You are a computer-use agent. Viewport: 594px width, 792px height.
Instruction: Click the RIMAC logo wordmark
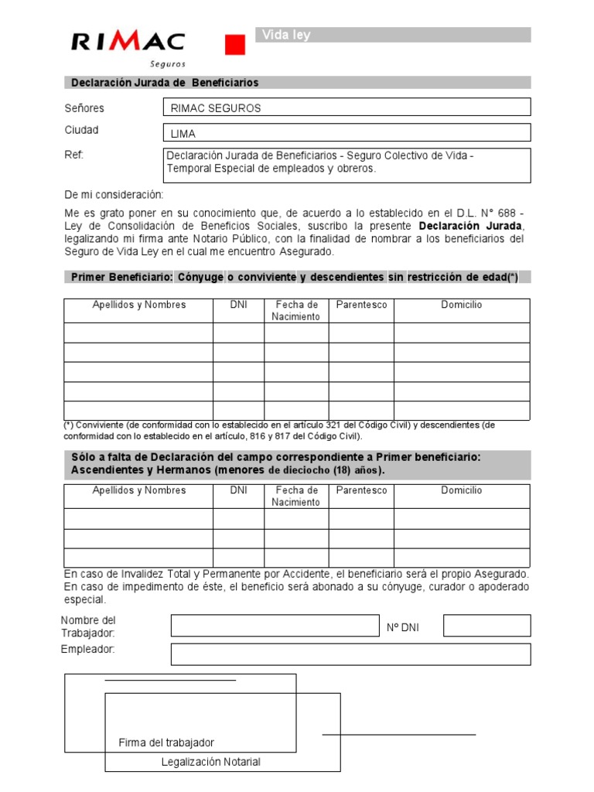pyautogui.click(x=128, y=42)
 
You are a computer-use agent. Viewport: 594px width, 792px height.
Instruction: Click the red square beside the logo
pyautogui.click(x=234, y=45)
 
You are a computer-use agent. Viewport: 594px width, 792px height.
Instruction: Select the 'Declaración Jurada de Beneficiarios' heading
pyautogui.click(x=165, y=83)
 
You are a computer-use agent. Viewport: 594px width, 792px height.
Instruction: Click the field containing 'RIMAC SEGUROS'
pyautogui.click(x=346, y=108)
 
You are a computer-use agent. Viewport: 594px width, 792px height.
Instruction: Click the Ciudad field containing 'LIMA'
pyautogui.click(x=346, y=133)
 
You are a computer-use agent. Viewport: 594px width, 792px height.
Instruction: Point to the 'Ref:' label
pyautogui.click(x=73, y=155)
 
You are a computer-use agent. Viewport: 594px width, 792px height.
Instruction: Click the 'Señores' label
pyautogui.click(x=84, y=108)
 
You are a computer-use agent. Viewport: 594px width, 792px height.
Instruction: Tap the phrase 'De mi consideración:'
pyautogui.click(x=114, y=194)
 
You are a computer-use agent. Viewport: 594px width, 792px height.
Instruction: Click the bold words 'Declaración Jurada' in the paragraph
pyautogui.click(x=471, y=226)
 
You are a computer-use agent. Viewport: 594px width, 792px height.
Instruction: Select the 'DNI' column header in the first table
pyautogui.click(x=238, y=305)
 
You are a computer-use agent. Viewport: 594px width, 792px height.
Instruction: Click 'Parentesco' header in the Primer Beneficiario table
pyautogui.click(x=361, y=305)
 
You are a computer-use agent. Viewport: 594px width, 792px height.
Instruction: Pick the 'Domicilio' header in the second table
pyautogui.click(x=462, y=490)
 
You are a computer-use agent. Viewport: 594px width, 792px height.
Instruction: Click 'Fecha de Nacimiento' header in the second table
pyautogui.click(x=296, y=497)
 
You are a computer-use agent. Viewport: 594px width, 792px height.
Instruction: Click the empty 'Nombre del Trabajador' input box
pyautogui.click(x=275, y=626)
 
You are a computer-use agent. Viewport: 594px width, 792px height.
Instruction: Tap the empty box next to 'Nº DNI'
pyautogui.click(x=486, y=626)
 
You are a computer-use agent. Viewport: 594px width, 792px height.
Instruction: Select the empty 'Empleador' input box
pyautogui.click(x=350, y=654)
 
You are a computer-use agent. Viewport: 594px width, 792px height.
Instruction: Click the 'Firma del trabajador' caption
pyautogui.click(x=166, y=742)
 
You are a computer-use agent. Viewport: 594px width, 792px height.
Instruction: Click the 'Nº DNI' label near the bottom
pyautogui.click(x=403, y=627)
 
